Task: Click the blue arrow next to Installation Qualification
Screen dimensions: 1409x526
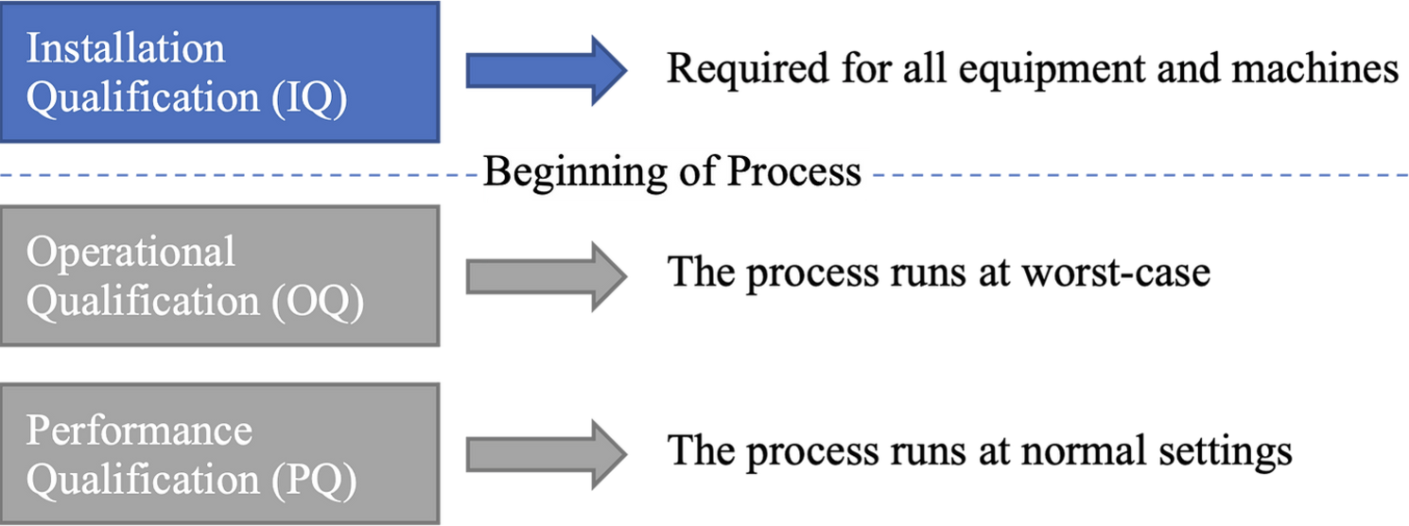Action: [x=546, y=70]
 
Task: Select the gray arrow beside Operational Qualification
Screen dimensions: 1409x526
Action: [x=546, y=276]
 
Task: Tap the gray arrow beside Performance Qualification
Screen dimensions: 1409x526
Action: [x=546, y=454]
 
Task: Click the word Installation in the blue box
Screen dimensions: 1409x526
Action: [x=125, y=48]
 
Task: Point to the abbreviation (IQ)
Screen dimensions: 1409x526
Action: [x=309, y=98]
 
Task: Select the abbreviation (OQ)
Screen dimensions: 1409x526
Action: [x=318, y=302]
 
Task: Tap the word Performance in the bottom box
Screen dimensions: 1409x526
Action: [x=139, y=430]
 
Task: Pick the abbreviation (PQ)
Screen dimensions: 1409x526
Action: [x=315, y=480]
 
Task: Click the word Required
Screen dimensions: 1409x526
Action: [x=748, y=69]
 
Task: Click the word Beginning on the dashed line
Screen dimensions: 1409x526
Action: [x=575, y=173]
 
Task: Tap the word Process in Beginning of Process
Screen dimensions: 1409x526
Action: [x=793, y=171]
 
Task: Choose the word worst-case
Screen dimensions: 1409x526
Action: [x=1116, y=272]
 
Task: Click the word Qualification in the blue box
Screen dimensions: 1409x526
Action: [x=143, y=98]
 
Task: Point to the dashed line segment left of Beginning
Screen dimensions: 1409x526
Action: [x=239, y=175]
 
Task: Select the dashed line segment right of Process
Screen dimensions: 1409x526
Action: [x=1139, y=175]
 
